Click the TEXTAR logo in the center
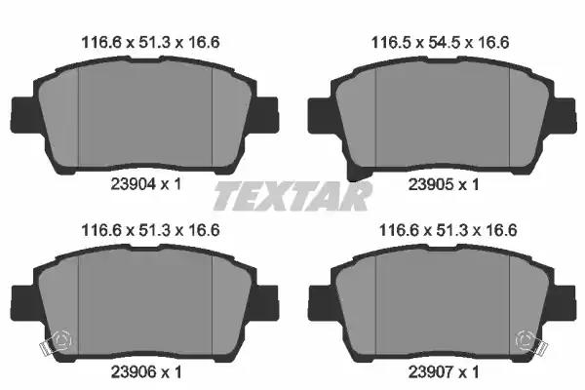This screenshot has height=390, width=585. [x=292, y=196]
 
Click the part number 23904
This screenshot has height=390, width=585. [x=133, y=184]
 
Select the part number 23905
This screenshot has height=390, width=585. [x=431, y=184]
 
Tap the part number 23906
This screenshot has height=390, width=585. [x=133, y=372]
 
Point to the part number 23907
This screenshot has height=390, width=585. [x=431, y=372]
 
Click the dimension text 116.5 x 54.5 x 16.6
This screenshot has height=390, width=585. [x=440, y=43]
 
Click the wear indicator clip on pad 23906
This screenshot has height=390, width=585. [x=56, y=342]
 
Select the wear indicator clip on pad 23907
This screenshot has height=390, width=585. [x=531, y=342]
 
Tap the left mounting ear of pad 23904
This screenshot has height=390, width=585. [x=24, y=115]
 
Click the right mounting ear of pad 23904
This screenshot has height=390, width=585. [x=265, y=115]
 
